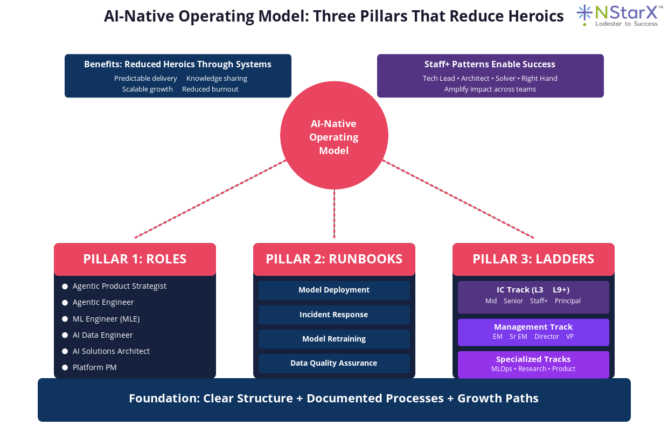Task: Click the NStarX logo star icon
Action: (584, 15)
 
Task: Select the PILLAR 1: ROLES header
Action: (135, 259)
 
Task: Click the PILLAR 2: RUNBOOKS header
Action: (334, 259)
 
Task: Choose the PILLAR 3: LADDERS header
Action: (533, 259)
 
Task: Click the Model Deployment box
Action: (334, 290)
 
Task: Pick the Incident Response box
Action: (334, 315)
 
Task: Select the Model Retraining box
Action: (334, 339)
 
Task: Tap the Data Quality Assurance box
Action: (334, 363)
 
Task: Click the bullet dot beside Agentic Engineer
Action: (65, 303)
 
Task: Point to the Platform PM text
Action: (95, 367)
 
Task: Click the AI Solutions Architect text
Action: (111, 351)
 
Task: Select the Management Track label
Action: (533, 327)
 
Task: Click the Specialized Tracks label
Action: (533, 359)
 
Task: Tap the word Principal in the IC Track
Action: (568, 301)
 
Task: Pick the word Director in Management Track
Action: (547, 337)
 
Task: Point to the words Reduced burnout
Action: (210, 89)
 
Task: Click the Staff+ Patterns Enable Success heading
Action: (490, 65)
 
